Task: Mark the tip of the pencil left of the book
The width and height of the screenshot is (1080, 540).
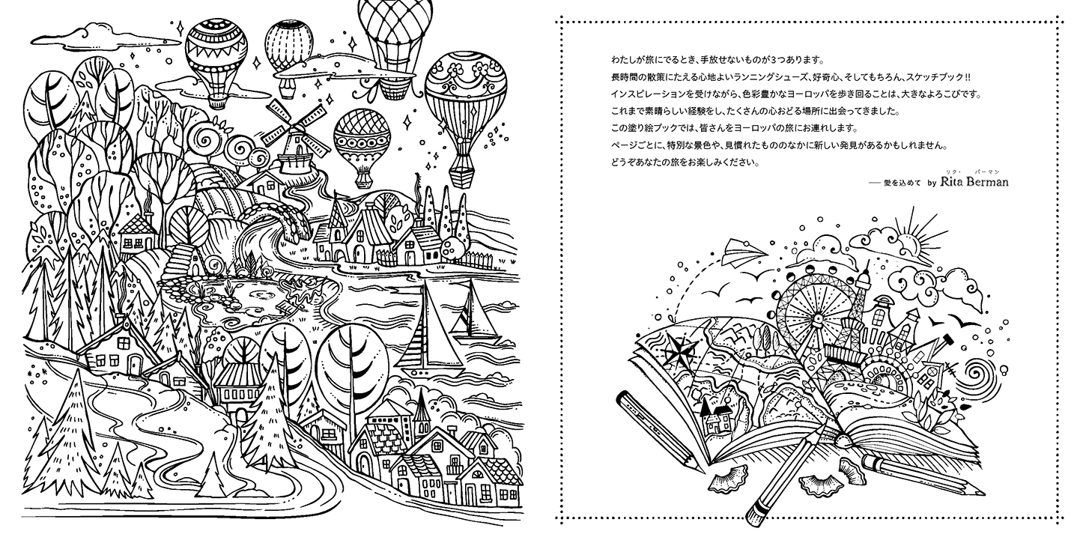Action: [703, 472]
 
